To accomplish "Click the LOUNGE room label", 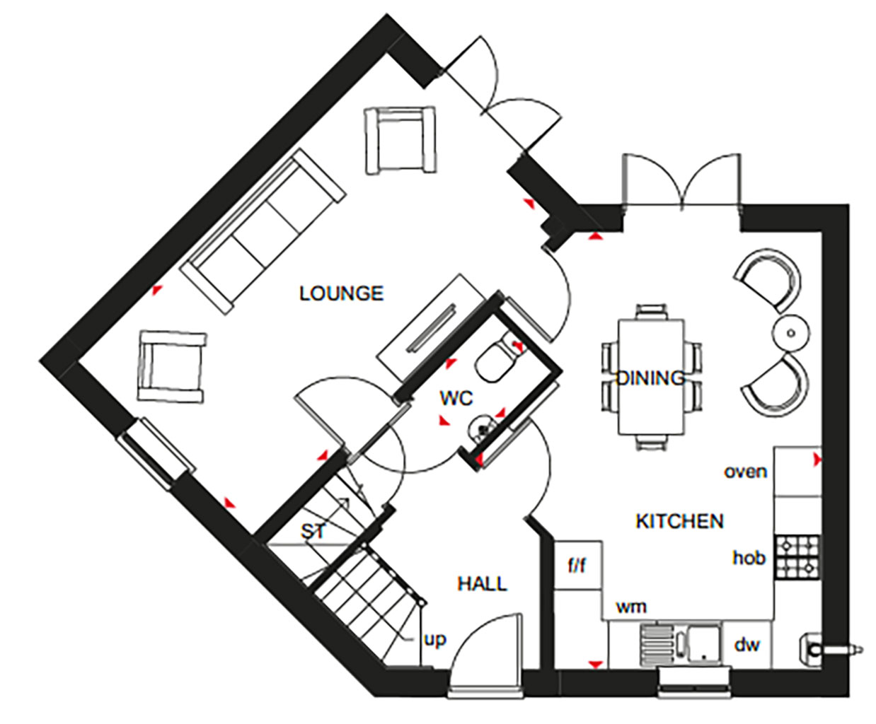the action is tap(341, 293).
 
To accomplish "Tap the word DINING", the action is tap(650, 378).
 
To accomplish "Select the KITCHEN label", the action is tap(680, 522).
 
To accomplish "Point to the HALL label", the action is tap(482, 584).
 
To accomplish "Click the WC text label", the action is tap(456, 398).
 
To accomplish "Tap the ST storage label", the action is tap(313, 532).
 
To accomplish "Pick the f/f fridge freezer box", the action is tap(578, 565).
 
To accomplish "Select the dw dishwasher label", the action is tap(747, 646).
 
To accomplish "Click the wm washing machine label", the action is tap(631, 607).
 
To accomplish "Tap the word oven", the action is tap(745, 472).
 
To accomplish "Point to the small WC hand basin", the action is tap(483, 428).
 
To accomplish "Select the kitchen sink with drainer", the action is tap(681, 646).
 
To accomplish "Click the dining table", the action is tap(651, 377).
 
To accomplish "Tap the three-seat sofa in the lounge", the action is tap(263, 232).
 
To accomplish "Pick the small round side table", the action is tap(791, 333).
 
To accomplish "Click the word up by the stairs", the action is tap(434, 640).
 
